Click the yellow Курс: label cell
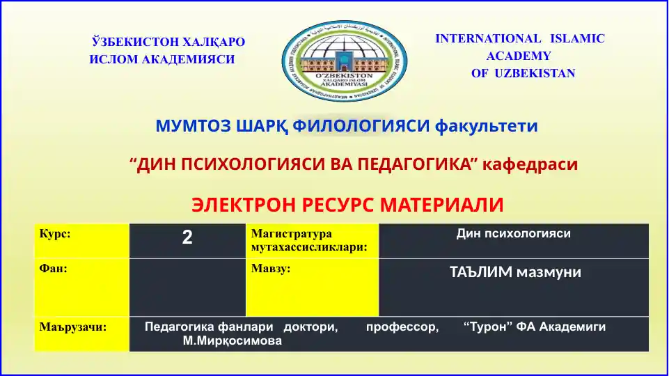point(81,241)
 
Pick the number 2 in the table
point(187,237)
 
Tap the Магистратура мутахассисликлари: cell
point(312,240)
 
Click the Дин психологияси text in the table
point(513,234)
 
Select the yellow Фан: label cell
point(81,288)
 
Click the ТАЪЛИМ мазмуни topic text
point(515,272)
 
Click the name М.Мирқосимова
point(232,341)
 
